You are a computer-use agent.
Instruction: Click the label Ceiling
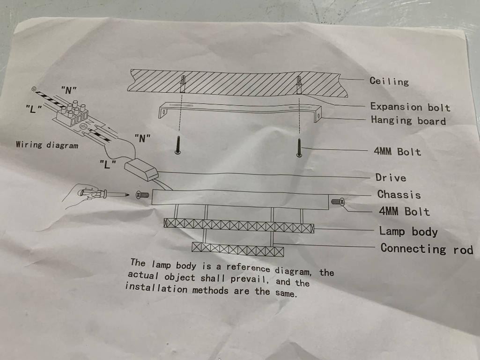389,81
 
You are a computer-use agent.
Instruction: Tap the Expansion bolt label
410,107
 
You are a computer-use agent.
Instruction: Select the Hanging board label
408,120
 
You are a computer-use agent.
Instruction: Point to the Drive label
391,177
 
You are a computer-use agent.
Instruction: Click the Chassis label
399,194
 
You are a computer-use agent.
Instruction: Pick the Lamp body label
408,231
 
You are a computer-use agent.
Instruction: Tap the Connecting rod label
427,249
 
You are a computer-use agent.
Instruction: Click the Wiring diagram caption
47,145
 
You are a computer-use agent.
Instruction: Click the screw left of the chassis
143,195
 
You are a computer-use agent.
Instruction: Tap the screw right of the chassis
338,201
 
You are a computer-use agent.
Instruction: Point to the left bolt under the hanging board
177,145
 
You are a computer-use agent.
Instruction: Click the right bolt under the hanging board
299,148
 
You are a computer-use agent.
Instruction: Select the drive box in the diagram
141,170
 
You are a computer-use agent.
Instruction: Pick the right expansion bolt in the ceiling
299,85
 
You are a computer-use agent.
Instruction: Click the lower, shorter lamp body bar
237,249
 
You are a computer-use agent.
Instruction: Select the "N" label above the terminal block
69,90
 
